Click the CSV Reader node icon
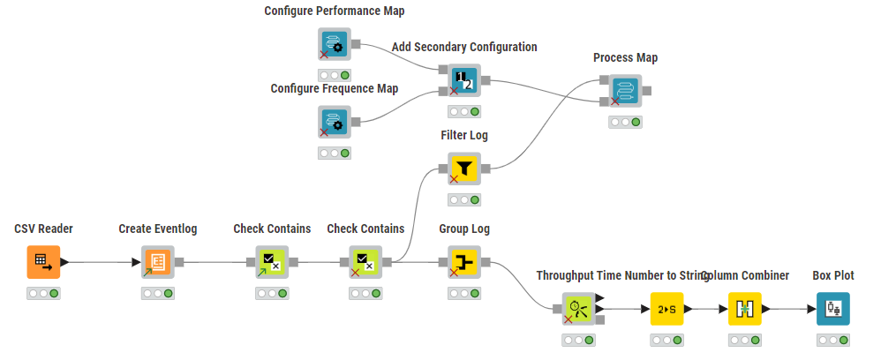(43, 261)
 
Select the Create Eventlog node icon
(158, 261)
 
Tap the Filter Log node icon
(464, 168)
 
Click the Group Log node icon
(464, 261)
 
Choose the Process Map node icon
(625, 90)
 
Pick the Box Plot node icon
(832, 309)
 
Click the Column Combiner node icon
(744, 309)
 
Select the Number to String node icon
(666, 309)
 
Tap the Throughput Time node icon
(578, 309)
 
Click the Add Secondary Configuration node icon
(464, 80)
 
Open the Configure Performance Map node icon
(335, 43)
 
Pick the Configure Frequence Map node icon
(335, 122)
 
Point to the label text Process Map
(625, 58)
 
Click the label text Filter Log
(464, 136)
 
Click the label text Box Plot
(832, 276)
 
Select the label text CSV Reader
(43, 229)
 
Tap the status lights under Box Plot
(832, 340)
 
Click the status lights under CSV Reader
(43, 293)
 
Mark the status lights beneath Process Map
(625, 122)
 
